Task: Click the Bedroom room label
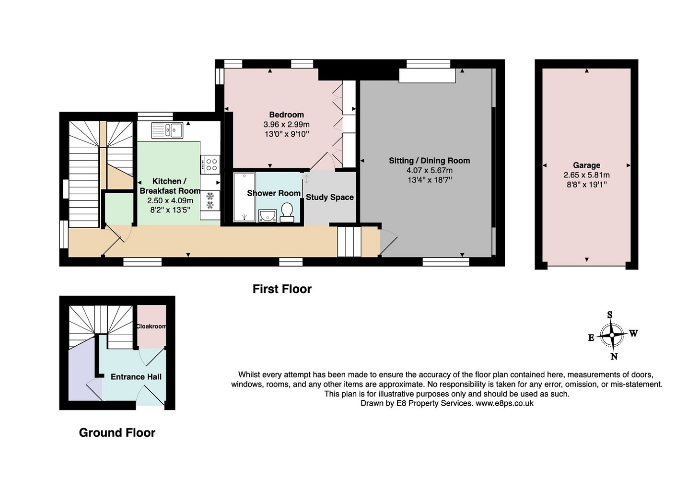click(287, 115)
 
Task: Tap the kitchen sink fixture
click(168, 130)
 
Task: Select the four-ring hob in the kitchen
click(210, 165)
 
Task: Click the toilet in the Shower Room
click(287, 212)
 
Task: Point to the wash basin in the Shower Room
click(267, 216)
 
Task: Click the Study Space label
click(330, 197)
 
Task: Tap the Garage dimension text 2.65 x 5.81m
click(587, 175)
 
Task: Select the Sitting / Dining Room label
click(430, 161)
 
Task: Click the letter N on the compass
click(614, 356)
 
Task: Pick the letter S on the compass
click(609, 315)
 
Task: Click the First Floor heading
click(282, 289)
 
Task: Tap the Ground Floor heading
click(117, 433)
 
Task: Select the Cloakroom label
click(151, 326)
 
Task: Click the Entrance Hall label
click(136, 376)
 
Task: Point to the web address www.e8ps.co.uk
click(504, 403)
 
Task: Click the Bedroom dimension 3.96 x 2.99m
click(287, 125)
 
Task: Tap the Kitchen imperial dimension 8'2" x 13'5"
click(170, 210)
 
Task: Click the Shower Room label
click(274, 193)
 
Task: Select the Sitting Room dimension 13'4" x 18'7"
click(430, 180)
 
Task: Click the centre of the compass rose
click(612, 335)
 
